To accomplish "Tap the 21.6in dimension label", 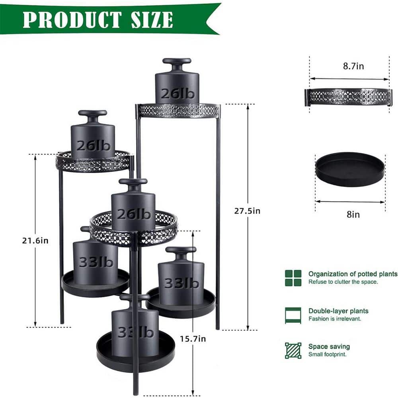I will coord(35,240).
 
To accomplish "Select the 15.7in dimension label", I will coord(193,339).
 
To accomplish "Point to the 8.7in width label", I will coord(353,66).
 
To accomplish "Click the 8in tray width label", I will coord(353,215).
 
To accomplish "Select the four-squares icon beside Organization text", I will coord(293,278).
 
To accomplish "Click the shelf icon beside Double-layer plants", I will coord(293,315).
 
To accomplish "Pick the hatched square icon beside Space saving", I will coord(293,350).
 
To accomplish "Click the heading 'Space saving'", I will coord(329,347).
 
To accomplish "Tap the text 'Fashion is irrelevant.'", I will coord(335,318).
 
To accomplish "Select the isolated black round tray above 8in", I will coord(350,169).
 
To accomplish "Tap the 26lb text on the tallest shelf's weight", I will coord(177,94).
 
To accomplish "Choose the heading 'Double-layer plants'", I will coord(338,311).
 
